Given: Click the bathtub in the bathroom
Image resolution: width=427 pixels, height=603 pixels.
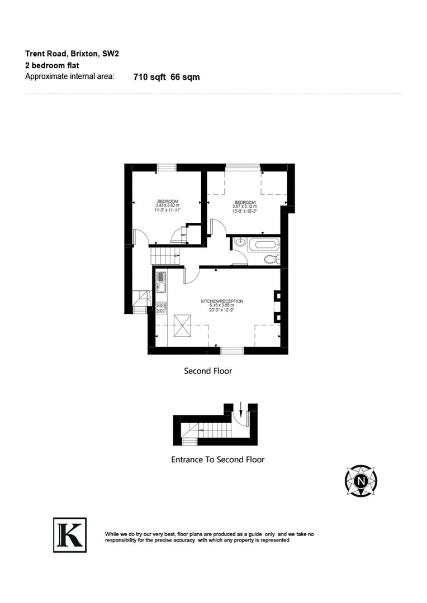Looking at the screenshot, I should pyautogui.click(x=262, y=244).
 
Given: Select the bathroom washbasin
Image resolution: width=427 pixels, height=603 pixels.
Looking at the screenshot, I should pyautogui.click(x=239, y=243).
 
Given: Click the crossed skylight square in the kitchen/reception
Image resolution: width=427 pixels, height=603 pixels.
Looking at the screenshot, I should pyautogui.click(x=183, y=325).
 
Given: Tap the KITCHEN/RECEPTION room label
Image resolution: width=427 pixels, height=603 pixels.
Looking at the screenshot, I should pyautogui.click(x=222, y=301).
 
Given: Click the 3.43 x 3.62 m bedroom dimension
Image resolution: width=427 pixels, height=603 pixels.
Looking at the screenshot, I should pyautogui.click(x=167, y=205).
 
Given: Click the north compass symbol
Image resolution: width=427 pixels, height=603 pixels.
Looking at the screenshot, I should pyautogui.click(x=361, y=480).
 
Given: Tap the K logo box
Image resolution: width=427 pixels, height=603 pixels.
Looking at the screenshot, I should pyautogui.click(x=70, y=535).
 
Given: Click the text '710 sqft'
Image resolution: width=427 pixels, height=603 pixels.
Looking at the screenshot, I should pyautogui.click(x=149, y=77).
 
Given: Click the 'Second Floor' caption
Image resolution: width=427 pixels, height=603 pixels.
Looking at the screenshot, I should pyautogui.click(x=208, y=371).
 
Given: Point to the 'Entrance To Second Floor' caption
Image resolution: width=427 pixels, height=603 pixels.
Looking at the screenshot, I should pyautogui.click(x=217, y=460).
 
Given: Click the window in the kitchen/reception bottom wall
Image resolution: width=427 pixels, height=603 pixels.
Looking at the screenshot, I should pyautogui.click(x=232, y=350).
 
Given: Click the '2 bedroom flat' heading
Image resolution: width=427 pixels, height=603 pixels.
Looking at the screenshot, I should pyautogui.click(x=52, y=65).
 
